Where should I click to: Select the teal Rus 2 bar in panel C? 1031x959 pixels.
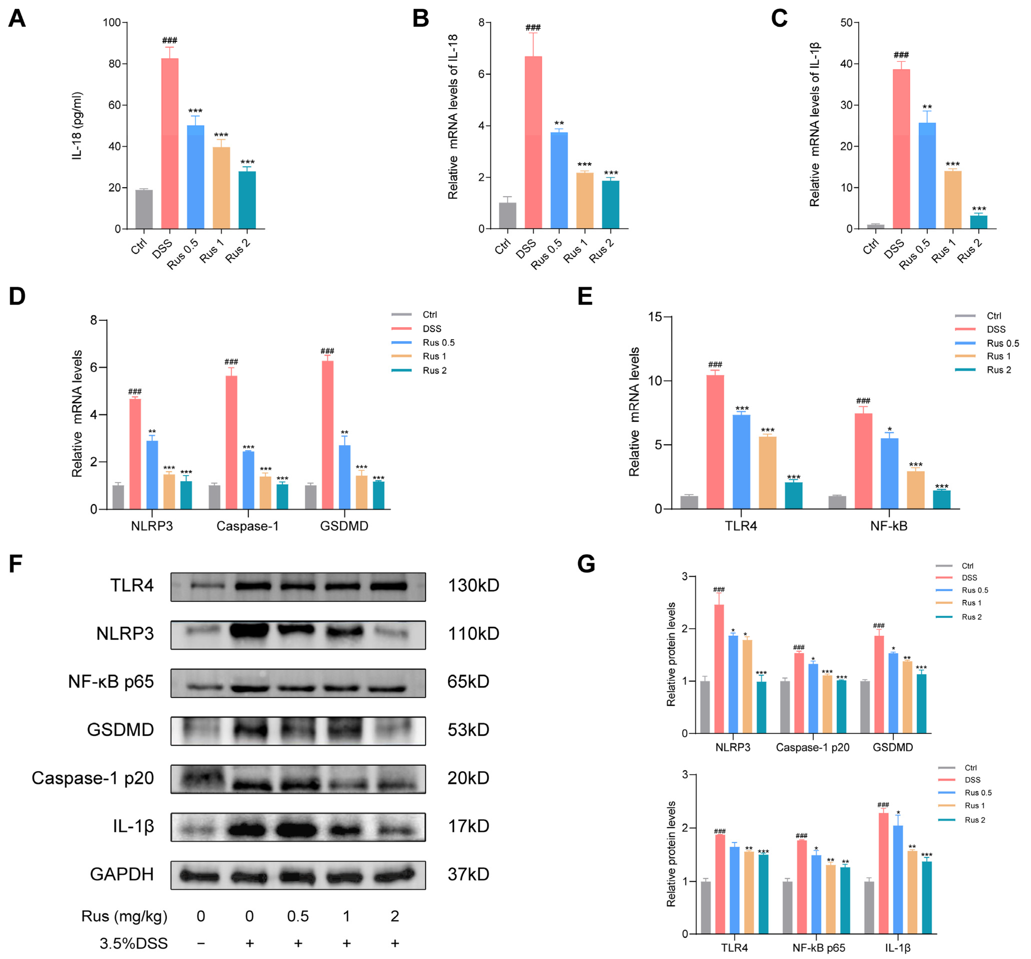click(x=978, y=222)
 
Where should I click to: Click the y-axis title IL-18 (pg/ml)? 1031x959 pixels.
click(x=77, y=126)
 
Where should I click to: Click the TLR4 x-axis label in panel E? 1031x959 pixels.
click(x=740, y=526)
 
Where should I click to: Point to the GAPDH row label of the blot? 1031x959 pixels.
click(x=122, y=875)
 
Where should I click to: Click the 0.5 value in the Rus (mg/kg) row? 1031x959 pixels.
click(x=298, y=917)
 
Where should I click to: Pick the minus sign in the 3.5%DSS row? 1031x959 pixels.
click(x=201, y=944)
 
